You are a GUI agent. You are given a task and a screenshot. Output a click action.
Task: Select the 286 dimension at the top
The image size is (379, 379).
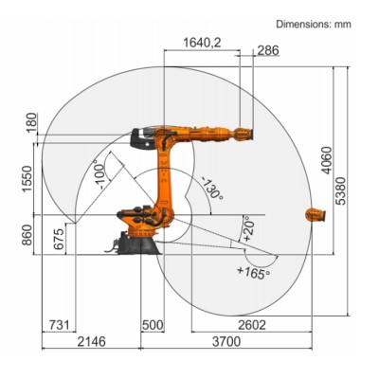pos(267,51)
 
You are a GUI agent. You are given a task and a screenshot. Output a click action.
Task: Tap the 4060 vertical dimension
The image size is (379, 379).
pos(327,167)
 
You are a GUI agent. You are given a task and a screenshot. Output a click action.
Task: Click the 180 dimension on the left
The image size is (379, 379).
pos(31,122)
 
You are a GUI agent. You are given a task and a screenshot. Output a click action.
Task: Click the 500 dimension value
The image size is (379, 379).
pos(153,325)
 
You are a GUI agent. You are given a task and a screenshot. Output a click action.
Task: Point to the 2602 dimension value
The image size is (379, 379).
pos(253,325)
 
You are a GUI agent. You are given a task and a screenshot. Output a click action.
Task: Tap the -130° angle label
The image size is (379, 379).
pos(209,188)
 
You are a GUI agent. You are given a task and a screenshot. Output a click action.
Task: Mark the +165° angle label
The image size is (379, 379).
pos(252,273)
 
